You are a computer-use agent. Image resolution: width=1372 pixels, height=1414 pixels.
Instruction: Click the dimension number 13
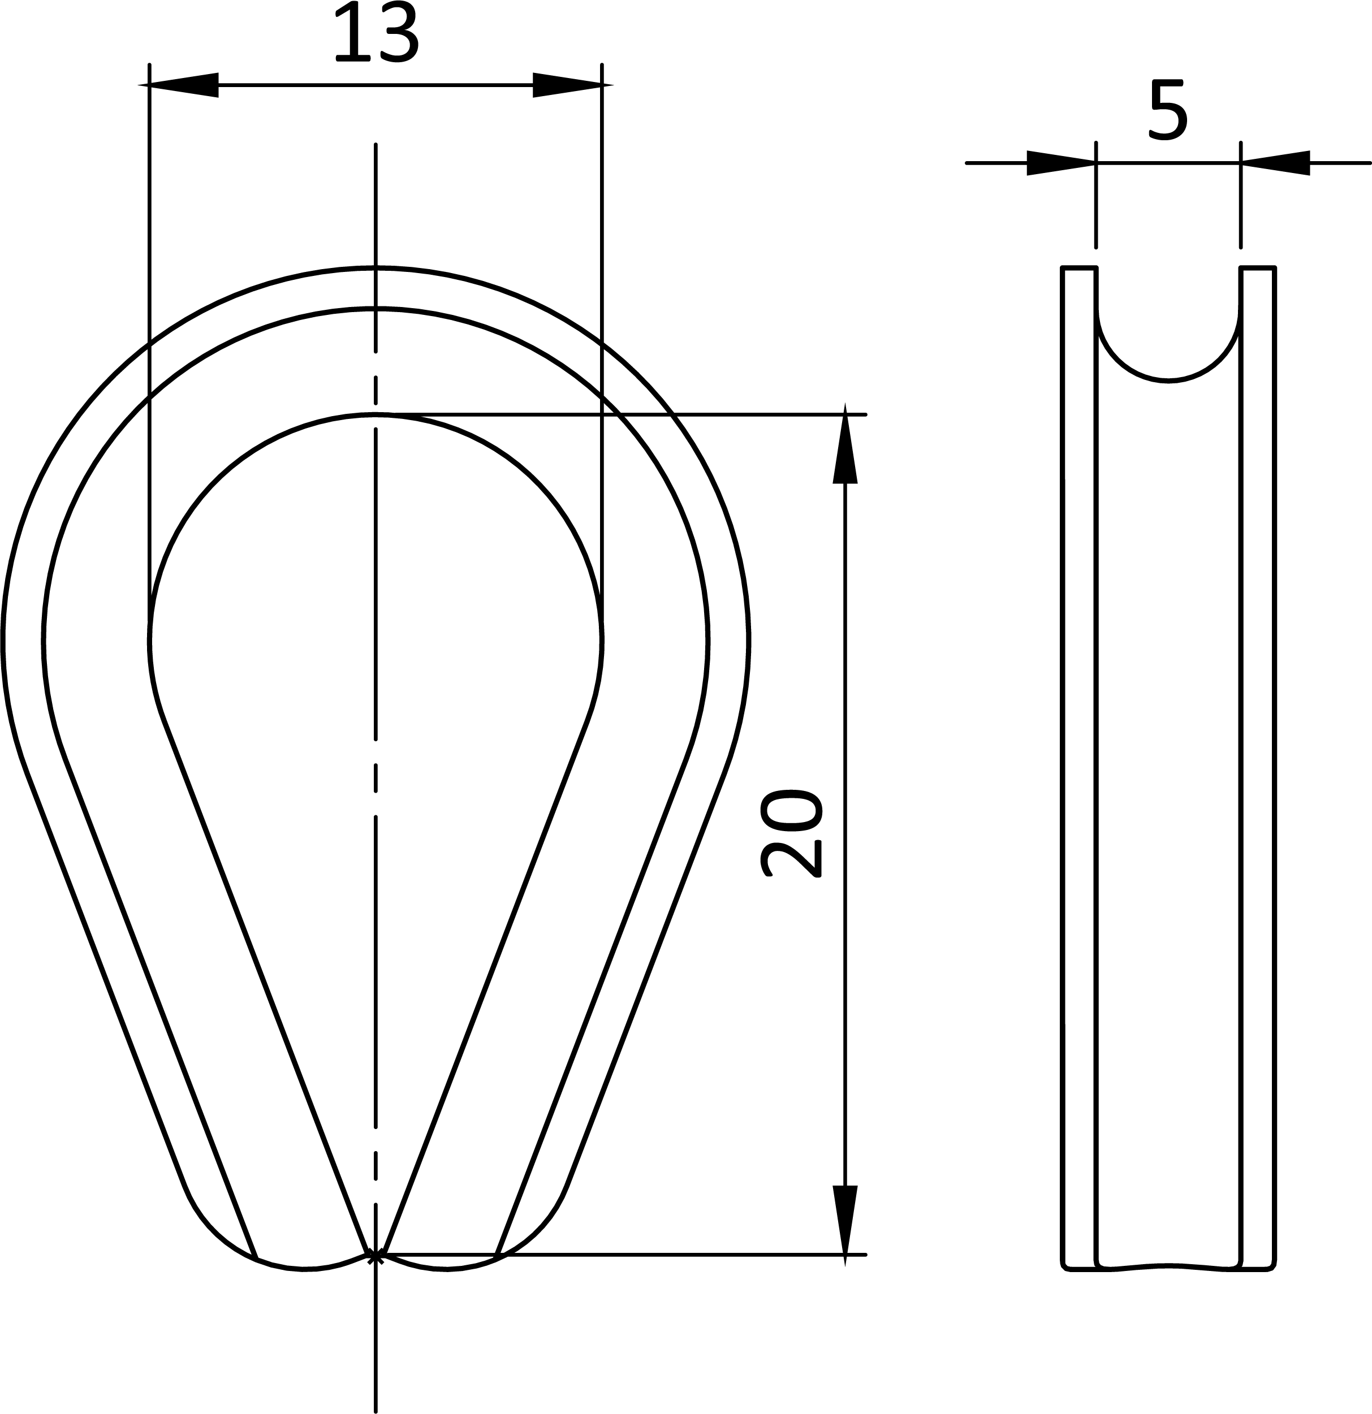376,32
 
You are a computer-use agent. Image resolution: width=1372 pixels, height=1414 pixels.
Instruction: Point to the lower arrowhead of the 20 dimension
845,1226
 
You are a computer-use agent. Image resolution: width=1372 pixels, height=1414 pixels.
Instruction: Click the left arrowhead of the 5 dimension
1061,163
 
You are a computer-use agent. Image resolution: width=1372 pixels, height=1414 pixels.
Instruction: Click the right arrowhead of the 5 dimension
1275,163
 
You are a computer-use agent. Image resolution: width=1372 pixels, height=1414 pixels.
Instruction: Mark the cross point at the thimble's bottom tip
376,1257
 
